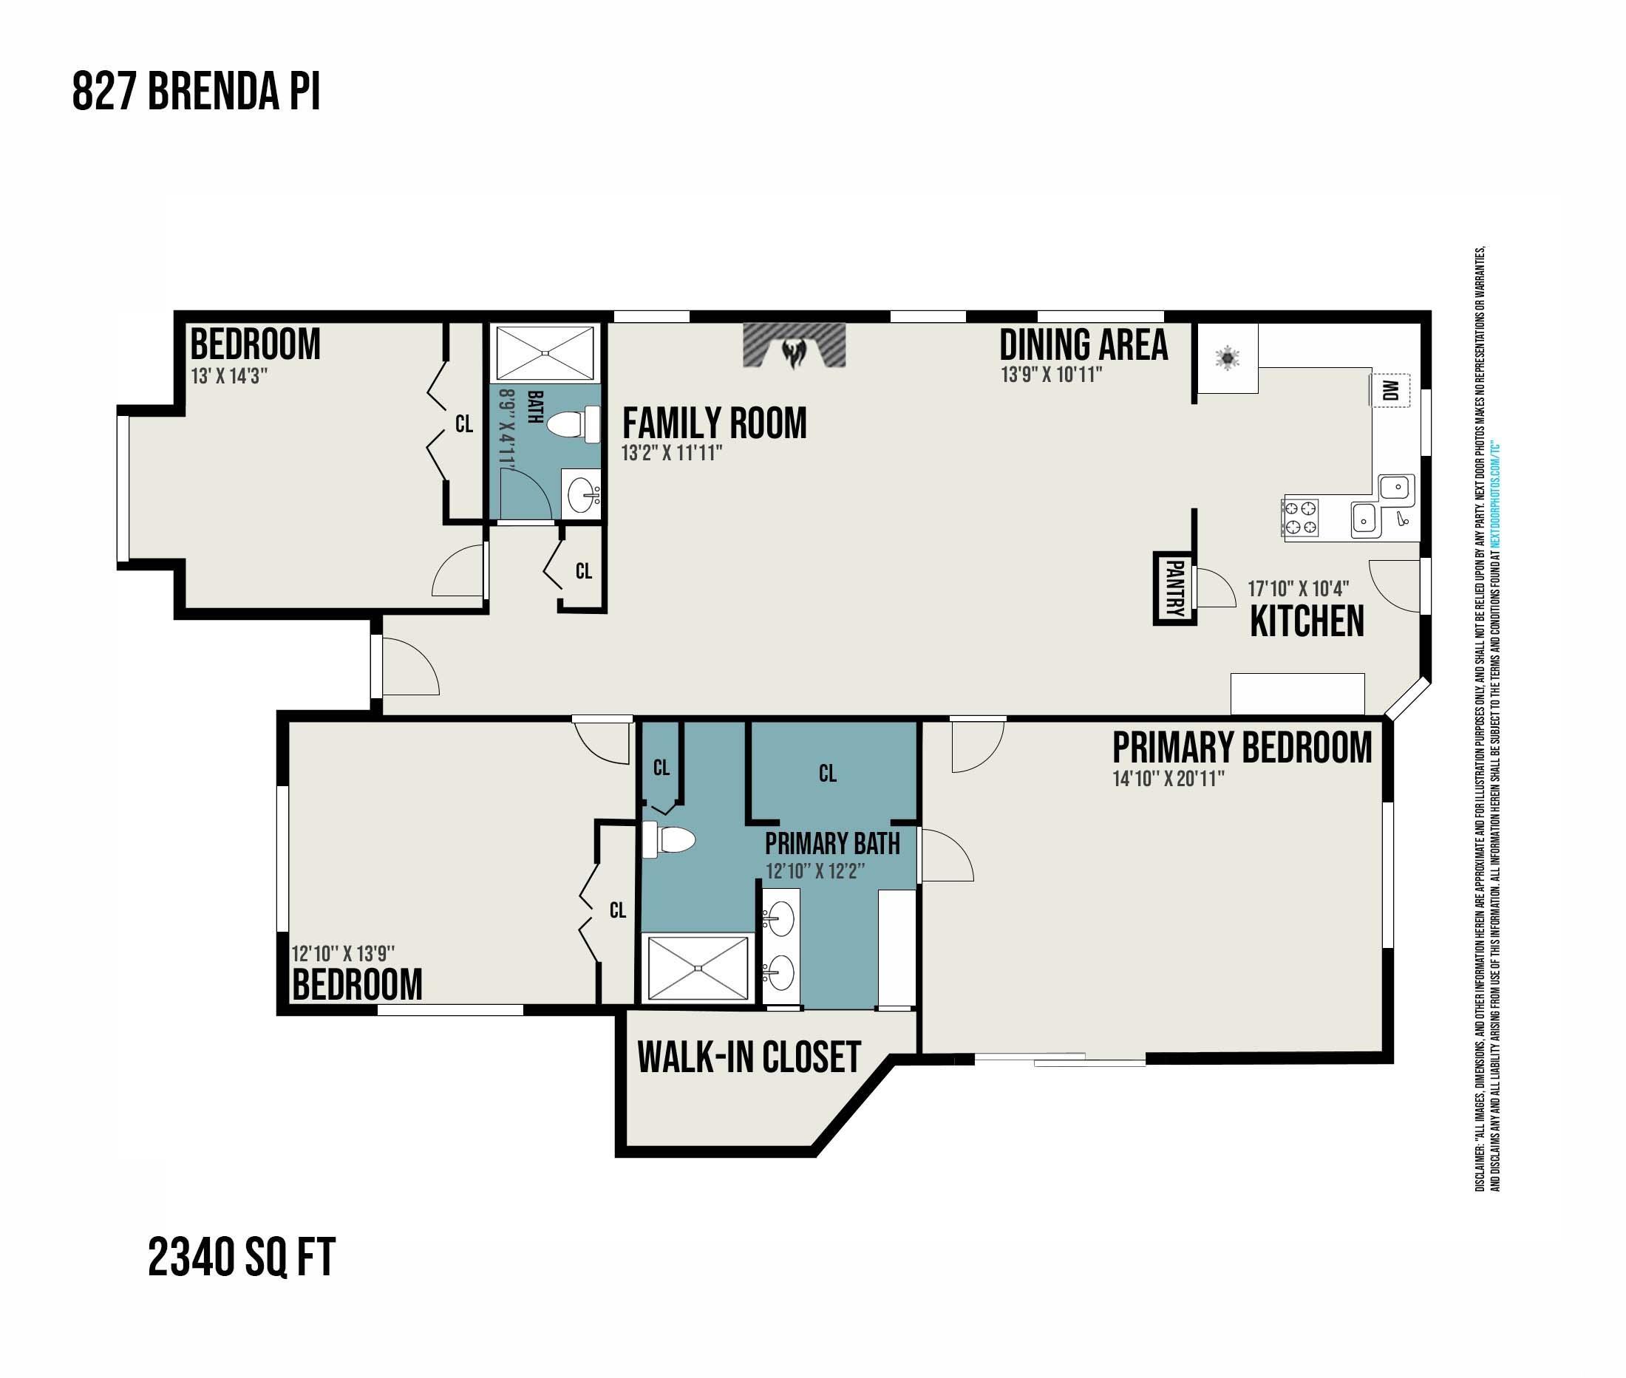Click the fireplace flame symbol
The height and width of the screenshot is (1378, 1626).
[794, 352]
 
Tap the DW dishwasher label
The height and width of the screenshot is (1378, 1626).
[1390, 390]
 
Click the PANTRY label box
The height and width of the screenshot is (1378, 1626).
[1175, 587]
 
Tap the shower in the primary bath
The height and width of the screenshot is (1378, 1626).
[698, 968]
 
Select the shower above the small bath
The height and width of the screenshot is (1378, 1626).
[545, 354]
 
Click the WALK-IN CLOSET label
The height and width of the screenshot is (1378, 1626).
[749, 1058]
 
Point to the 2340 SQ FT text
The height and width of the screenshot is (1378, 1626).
[242, 1258]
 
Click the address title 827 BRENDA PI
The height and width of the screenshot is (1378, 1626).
[196, 92]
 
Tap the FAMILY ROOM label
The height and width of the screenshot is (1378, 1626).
[714, 423]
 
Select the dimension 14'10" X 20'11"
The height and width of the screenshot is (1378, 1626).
[1168, 779]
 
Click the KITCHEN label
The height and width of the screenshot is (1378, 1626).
[1307, 621]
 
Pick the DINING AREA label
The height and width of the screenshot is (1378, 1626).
[1084, 344]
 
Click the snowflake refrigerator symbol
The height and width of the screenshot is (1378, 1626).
[1228, 358]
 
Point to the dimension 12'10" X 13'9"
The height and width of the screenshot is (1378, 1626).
[343, 954]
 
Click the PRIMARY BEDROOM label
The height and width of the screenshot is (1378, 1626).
[1242, 748]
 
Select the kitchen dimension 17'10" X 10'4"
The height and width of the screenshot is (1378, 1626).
[1298, 589]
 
